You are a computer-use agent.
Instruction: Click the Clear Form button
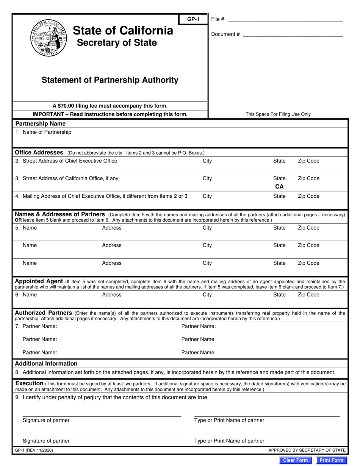(x=296, y=460)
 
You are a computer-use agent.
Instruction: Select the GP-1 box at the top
(x=193, y=19)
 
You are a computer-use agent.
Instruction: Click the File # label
(x=218, y=19)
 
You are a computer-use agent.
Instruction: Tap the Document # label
(x=225, y=34)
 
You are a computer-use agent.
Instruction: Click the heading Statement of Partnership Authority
(x=110, y=80)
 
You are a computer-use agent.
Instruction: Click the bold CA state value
(x=279, y=186)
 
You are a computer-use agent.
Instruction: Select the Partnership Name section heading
(x=40, y=124)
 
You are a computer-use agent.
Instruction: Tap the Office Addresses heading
(x=39, y=152)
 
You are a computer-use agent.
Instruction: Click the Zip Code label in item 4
(x=308, y=196)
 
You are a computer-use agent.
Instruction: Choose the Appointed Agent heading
(x=39, y=281)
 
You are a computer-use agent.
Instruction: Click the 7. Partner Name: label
(x=36, y=326)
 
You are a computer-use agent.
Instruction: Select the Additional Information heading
(x=46, y=363)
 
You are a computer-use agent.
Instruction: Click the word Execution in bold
(x=29, y=383)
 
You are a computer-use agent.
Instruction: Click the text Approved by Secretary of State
(x=307, y=450)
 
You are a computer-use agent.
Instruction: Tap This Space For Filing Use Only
(x=278, y=114)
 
